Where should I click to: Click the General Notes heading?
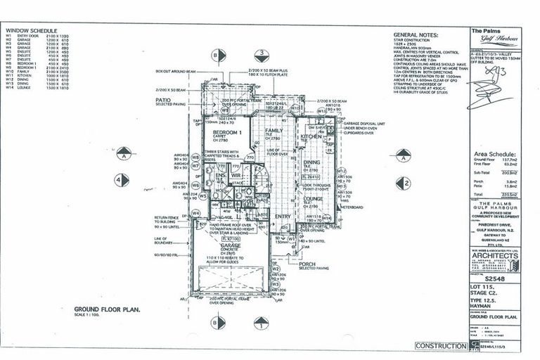coord(415,34)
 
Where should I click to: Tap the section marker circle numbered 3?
coord(261,53)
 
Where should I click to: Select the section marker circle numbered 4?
coord(124,181)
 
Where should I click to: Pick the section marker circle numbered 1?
coord(261,325)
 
